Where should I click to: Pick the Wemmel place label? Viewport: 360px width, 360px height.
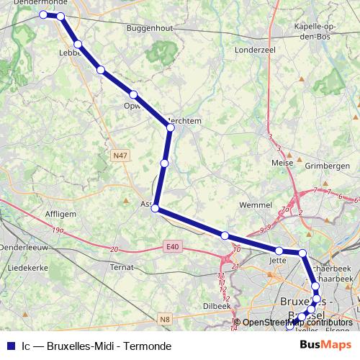(253, 205)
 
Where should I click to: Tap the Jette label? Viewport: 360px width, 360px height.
(278, 260)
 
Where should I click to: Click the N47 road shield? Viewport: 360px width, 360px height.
(120, 154)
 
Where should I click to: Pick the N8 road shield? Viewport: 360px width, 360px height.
(165, 319)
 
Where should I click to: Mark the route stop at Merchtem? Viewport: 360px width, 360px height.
(171, 127)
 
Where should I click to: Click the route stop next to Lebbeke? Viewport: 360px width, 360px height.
(77, 45)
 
